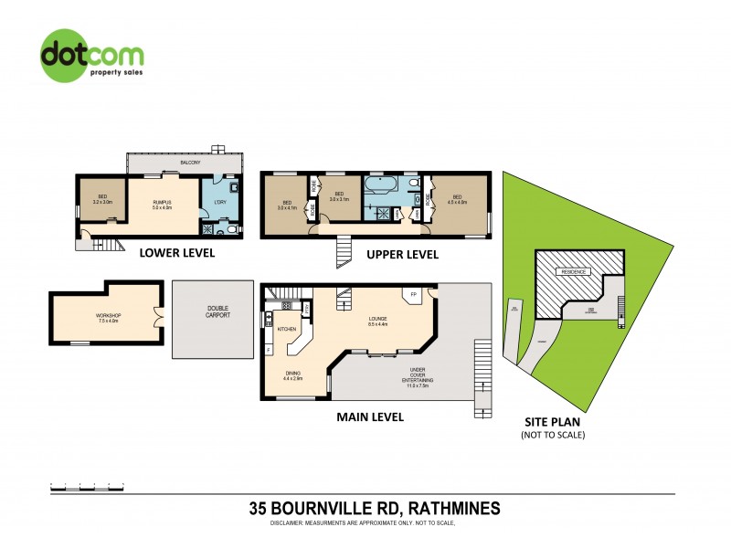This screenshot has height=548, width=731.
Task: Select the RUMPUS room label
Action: coord(162,203)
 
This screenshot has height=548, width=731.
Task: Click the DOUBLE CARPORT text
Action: coord(217,311)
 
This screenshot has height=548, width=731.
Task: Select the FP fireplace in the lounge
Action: coord(414,295)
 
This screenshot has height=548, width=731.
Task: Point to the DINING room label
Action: coord(293,374)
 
